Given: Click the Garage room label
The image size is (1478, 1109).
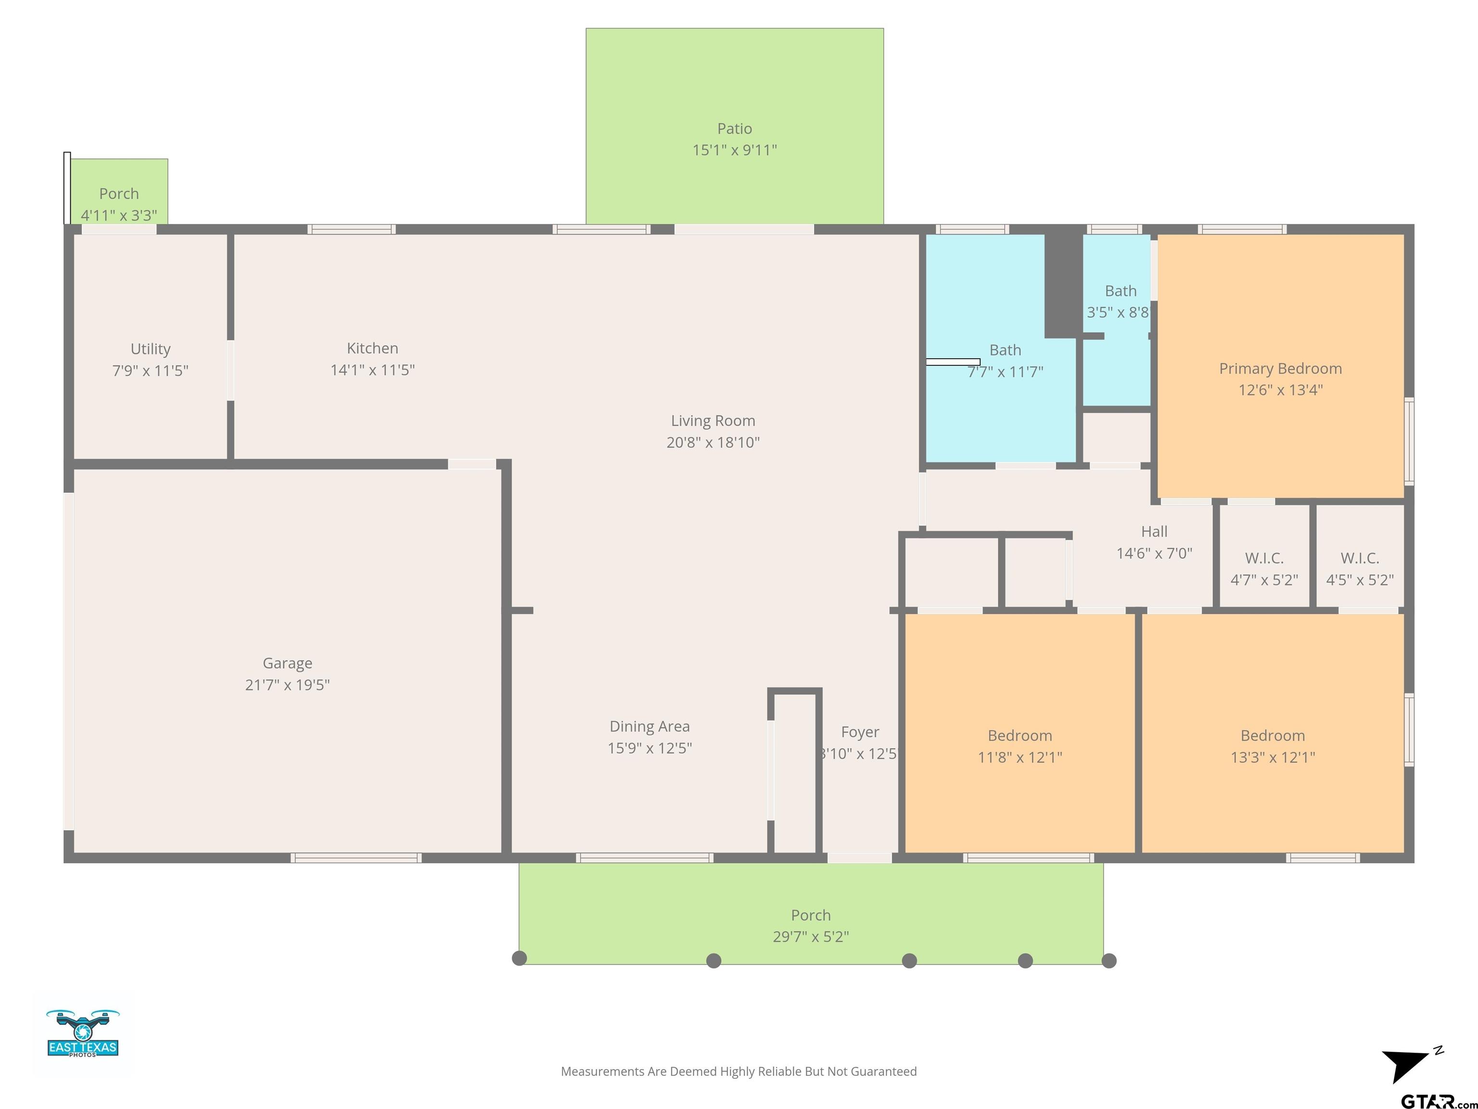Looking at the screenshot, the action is [287, 663].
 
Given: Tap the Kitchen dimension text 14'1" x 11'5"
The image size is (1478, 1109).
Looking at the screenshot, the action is [373, 370].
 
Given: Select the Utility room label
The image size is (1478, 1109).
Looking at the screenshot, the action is [150, 349].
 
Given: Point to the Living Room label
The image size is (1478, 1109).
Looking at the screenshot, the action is [713, 421].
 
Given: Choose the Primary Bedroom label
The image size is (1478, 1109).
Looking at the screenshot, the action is [1280, 368].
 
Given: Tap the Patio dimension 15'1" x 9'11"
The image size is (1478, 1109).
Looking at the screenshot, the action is [734, 150].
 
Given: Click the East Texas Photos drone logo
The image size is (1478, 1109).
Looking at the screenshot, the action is [83, 1033].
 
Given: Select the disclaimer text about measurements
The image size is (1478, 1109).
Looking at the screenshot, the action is [739, 1071].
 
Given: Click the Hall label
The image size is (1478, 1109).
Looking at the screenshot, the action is [1154, 531].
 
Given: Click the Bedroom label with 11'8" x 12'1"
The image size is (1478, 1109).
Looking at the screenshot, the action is [1019, 735].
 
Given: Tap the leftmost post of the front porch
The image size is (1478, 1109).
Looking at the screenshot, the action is [519, 958].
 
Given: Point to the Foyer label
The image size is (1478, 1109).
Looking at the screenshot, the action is [860, 732].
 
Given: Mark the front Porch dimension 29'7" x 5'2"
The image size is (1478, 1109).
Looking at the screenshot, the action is [811, 937].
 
